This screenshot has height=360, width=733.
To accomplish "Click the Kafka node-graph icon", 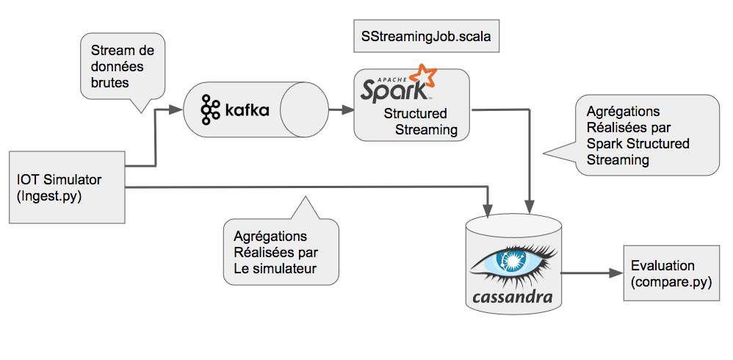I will (211, 109).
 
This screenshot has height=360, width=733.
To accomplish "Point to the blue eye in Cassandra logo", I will (513, 262).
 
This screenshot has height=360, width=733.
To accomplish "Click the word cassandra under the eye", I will (512, 297).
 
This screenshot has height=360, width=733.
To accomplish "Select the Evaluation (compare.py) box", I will (671, 273).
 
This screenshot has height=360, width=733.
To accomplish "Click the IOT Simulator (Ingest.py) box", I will (66, 187).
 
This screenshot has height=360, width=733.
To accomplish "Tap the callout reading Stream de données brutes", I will (123, 68).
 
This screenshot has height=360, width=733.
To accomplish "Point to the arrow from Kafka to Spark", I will (341, 111).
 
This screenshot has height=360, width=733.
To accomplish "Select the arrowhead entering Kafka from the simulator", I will (176, 110).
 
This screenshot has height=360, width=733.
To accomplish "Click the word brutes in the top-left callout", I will (109, 83).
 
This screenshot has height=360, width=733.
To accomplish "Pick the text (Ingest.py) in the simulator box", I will (49, 196).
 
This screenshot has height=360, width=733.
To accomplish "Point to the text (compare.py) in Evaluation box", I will (671, 281).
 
